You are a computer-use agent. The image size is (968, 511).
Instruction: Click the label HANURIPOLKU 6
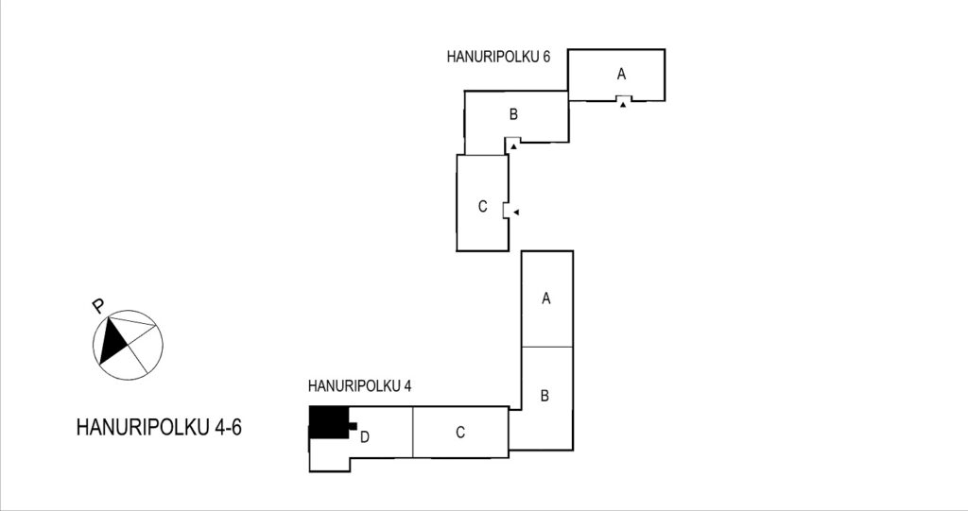point(498,57)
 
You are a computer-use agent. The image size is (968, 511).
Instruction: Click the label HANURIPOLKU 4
point(359,386)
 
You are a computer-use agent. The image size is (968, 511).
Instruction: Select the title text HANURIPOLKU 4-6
point(159,427)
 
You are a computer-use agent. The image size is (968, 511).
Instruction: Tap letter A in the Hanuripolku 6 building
point(621,74)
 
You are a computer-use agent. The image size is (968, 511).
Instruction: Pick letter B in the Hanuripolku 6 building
point(513,114)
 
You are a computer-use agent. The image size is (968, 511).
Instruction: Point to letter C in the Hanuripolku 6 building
point(483,207)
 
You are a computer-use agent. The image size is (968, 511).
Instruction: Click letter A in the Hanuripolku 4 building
point(545,298)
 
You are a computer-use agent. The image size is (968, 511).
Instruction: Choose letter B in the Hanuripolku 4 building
point(544,396)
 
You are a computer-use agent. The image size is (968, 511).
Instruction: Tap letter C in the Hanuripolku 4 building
point(460,433)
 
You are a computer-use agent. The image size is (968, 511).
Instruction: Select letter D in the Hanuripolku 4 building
point(365,437)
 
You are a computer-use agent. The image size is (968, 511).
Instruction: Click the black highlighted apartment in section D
point(329,423)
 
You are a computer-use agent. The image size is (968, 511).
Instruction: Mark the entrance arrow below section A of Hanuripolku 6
point(624,106)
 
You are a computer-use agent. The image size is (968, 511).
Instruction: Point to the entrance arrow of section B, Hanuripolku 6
point(513,147)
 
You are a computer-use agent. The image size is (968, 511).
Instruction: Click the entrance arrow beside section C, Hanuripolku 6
point(517,213)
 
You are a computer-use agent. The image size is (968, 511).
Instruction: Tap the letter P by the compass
point(97,306)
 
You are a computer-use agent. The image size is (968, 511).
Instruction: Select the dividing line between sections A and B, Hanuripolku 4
point(547,347)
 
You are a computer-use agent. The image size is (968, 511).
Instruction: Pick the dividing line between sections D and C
point(412,432)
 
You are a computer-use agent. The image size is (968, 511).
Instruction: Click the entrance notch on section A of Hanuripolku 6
point(624,99)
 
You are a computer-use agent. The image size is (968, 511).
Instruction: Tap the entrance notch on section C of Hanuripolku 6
point(507,211)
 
